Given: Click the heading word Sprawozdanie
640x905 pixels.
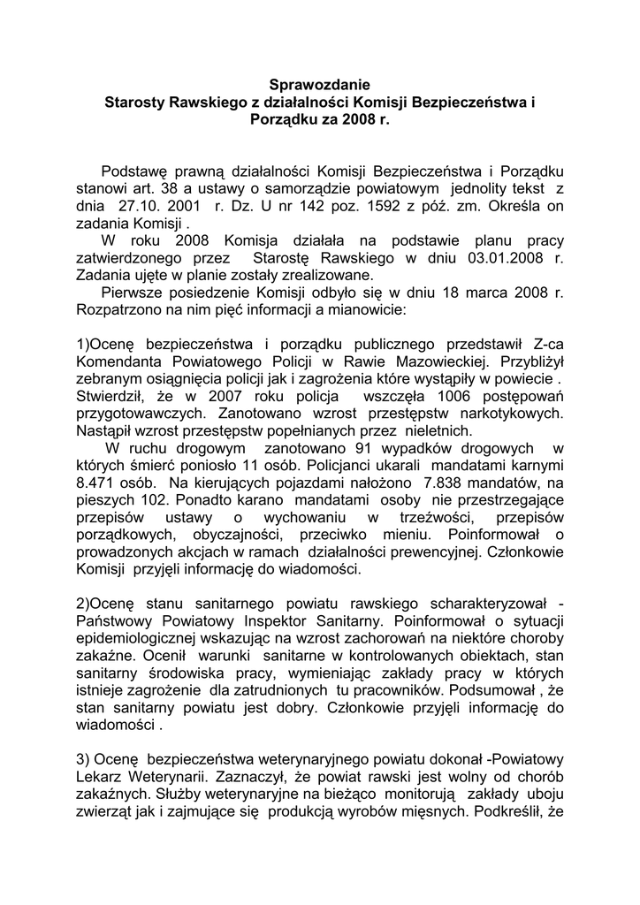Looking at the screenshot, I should [x=319, y=86].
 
